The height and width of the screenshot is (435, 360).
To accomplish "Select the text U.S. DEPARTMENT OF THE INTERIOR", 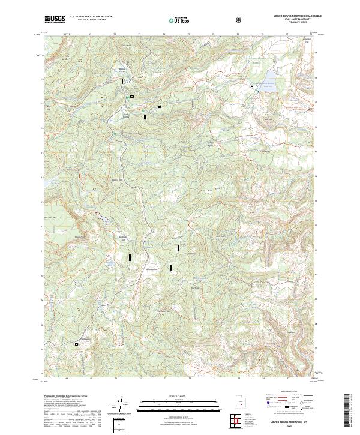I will click(91, 17).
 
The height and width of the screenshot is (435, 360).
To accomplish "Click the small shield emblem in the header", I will click(239, 19).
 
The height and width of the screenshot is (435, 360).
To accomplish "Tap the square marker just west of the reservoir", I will click(252, 86).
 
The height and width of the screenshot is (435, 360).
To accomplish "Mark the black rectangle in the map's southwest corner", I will click(76, 344).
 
